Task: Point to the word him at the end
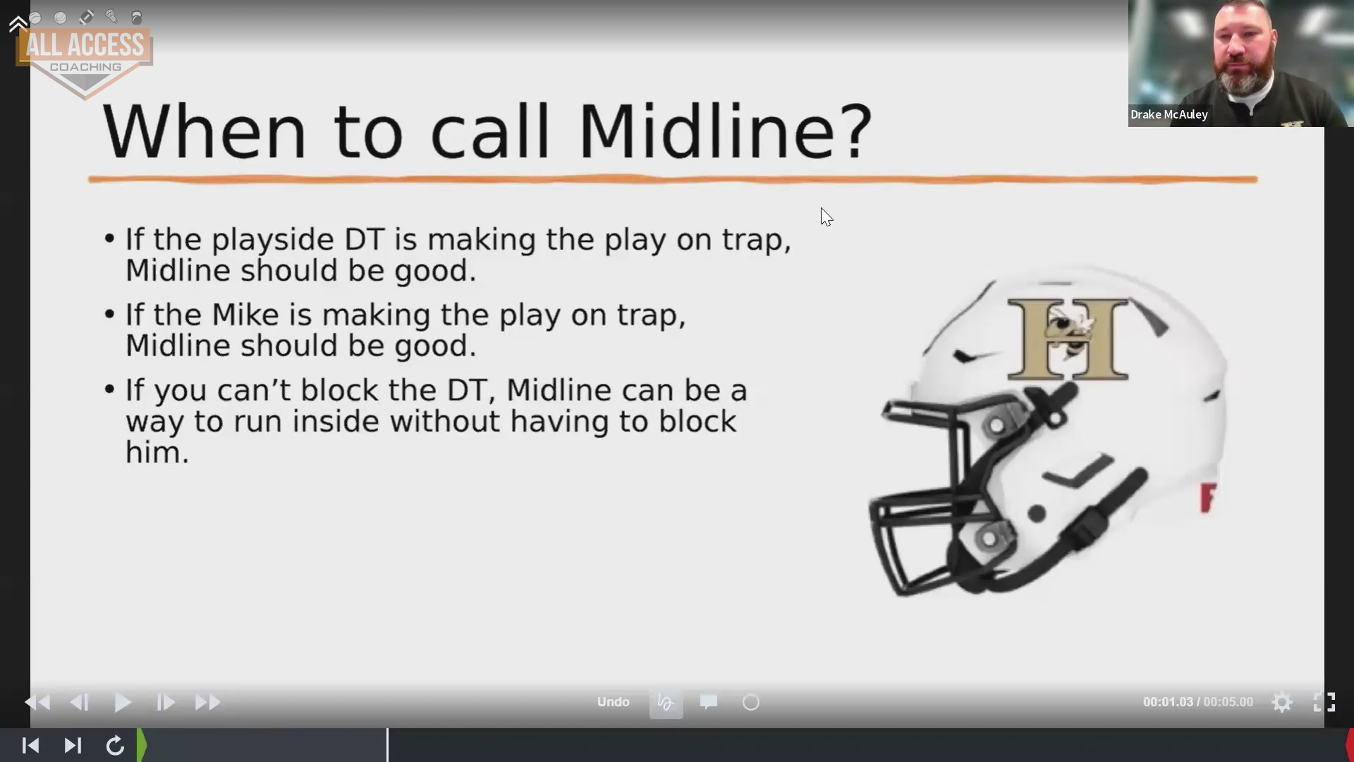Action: point(157,452)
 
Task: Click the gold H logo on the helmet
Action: point(1068,339)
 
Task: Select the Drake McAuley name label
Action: point(1169,114)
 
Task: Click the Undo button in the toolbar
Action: point(613,702)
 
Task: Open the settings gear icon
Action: point(1282,703)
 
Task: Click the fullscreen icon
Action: point(1324,702)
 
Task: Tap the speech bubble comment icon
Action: point(709,702)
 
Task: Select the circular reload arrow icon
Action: point(115,746)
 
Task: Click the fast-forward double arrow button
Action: point(207,703)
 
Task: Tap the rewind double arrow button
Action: point(37,703)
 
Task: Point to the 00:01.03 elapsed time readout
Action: point(1168,702)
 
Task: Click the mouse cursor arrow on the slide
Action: point(827,217)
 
